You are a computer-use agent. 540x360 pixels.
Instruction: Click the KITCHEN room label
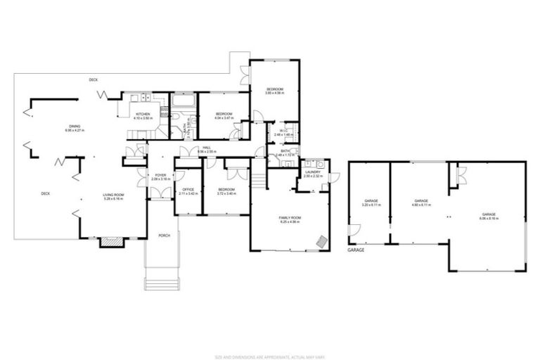(x=143, y=114)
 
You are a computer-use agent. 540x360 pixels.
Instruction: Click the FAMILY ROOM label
(x=290, y=219)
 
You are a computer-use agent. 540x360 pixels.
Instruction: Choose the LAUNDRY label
(x=313, y=172)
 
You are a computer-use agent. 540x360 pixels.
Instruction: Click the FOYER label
(x=160, y=175)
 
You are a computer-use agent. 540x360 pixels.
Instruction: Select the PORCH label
(x=163, y=235)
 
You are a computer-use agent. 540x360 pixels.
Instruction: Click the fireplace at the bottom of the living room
(x=110, y=242)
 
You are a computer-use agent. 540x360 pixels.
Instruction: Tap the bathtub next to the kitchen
(x=184, y=103)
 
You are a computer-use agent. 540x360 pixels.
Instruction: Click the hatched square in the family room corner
(x=321, y=240)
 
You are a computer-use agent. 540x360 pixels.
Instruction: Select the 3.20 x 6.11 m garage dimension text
(x=371, y=205)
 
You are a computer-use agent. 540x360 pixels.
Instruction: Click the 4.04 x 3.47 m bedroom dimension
(x=224, y=117)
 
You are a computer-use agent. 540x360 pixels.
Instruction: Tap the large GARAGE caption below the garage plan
(x=356, y=250)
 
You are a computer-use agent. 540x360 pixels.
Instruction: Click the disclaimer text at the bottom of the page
(x=269, y=338)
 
